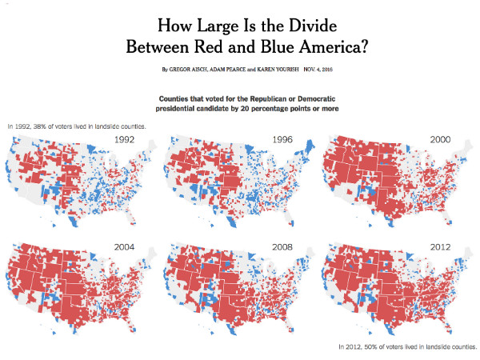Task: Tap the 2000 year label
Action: pos(439,138)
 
